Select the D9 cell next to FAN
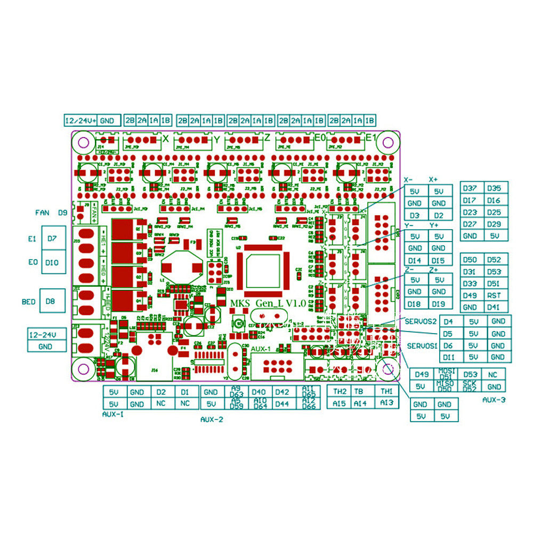[63, 212]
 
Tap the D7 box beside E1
[52, 238]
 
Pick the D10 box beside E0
[52, 262]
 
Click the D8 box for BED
[51, 301]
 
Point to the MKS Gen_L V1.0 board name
[268, 303]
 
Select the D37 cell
[470, 188]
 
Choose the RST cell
[494, 295]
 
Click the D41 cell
[494, 307]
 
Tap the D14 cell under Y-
[415, 261]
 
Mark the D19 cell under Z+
[439, 304]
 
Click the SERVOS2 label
[421, 321]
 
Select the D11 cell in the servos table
[449, 357]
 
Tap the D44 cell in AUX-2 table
[282, 404]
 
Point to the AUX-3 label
[494, 399]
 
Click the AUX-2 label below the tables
[212, 419]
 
